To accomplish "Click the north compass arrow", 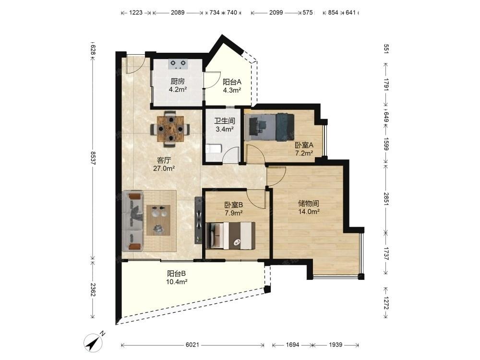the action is pyautogui.click(x=94, y=342).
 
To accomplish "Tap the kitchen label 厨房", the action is pyautogui.click(x=178, y=82).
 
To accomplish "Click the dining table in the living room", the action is pyautogui.click(x=170, y=129).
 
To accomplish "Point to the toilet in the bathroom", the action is pyautogui.click(x=214, y=148).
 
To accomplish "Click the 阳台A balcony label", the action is pyautogui.click(x=232, y=82).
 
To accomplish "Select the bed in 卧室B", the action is pyautogui.click(x=231, y=235).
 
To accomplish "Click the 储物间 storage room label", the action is pyautogui.click(x=309, y=203).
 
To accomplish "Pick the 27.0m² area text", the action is pyautogui.click(x=164, y=168).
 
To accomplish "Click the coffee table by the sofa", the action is pyautogui.click(x=158, y=220).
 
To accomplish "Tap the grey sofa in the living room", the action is pyautogui.click(x=132, y=221).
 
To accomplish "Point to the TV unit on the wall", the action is pyautogui.click(x=198, y=220).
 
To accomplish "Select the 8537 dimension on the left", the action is pyautogui.click(x=93, y=158).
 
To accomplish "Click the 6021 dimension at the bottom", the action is pyautogui.click(x=192, y=345).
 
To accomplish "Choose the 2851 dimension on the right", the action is pyautogui.click(x=386, y=199).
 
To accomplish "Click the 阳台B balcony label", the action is pyautogui.click(x=176, y=274).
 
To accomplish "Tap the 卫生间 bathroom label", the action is pyautogui.click(x=224, y=121).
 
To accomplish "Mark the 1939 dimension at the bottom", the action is pyautogui.click(x=336, y=345).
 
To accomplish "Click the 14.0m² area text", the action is pyautogui.click(x=309, y=212).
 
